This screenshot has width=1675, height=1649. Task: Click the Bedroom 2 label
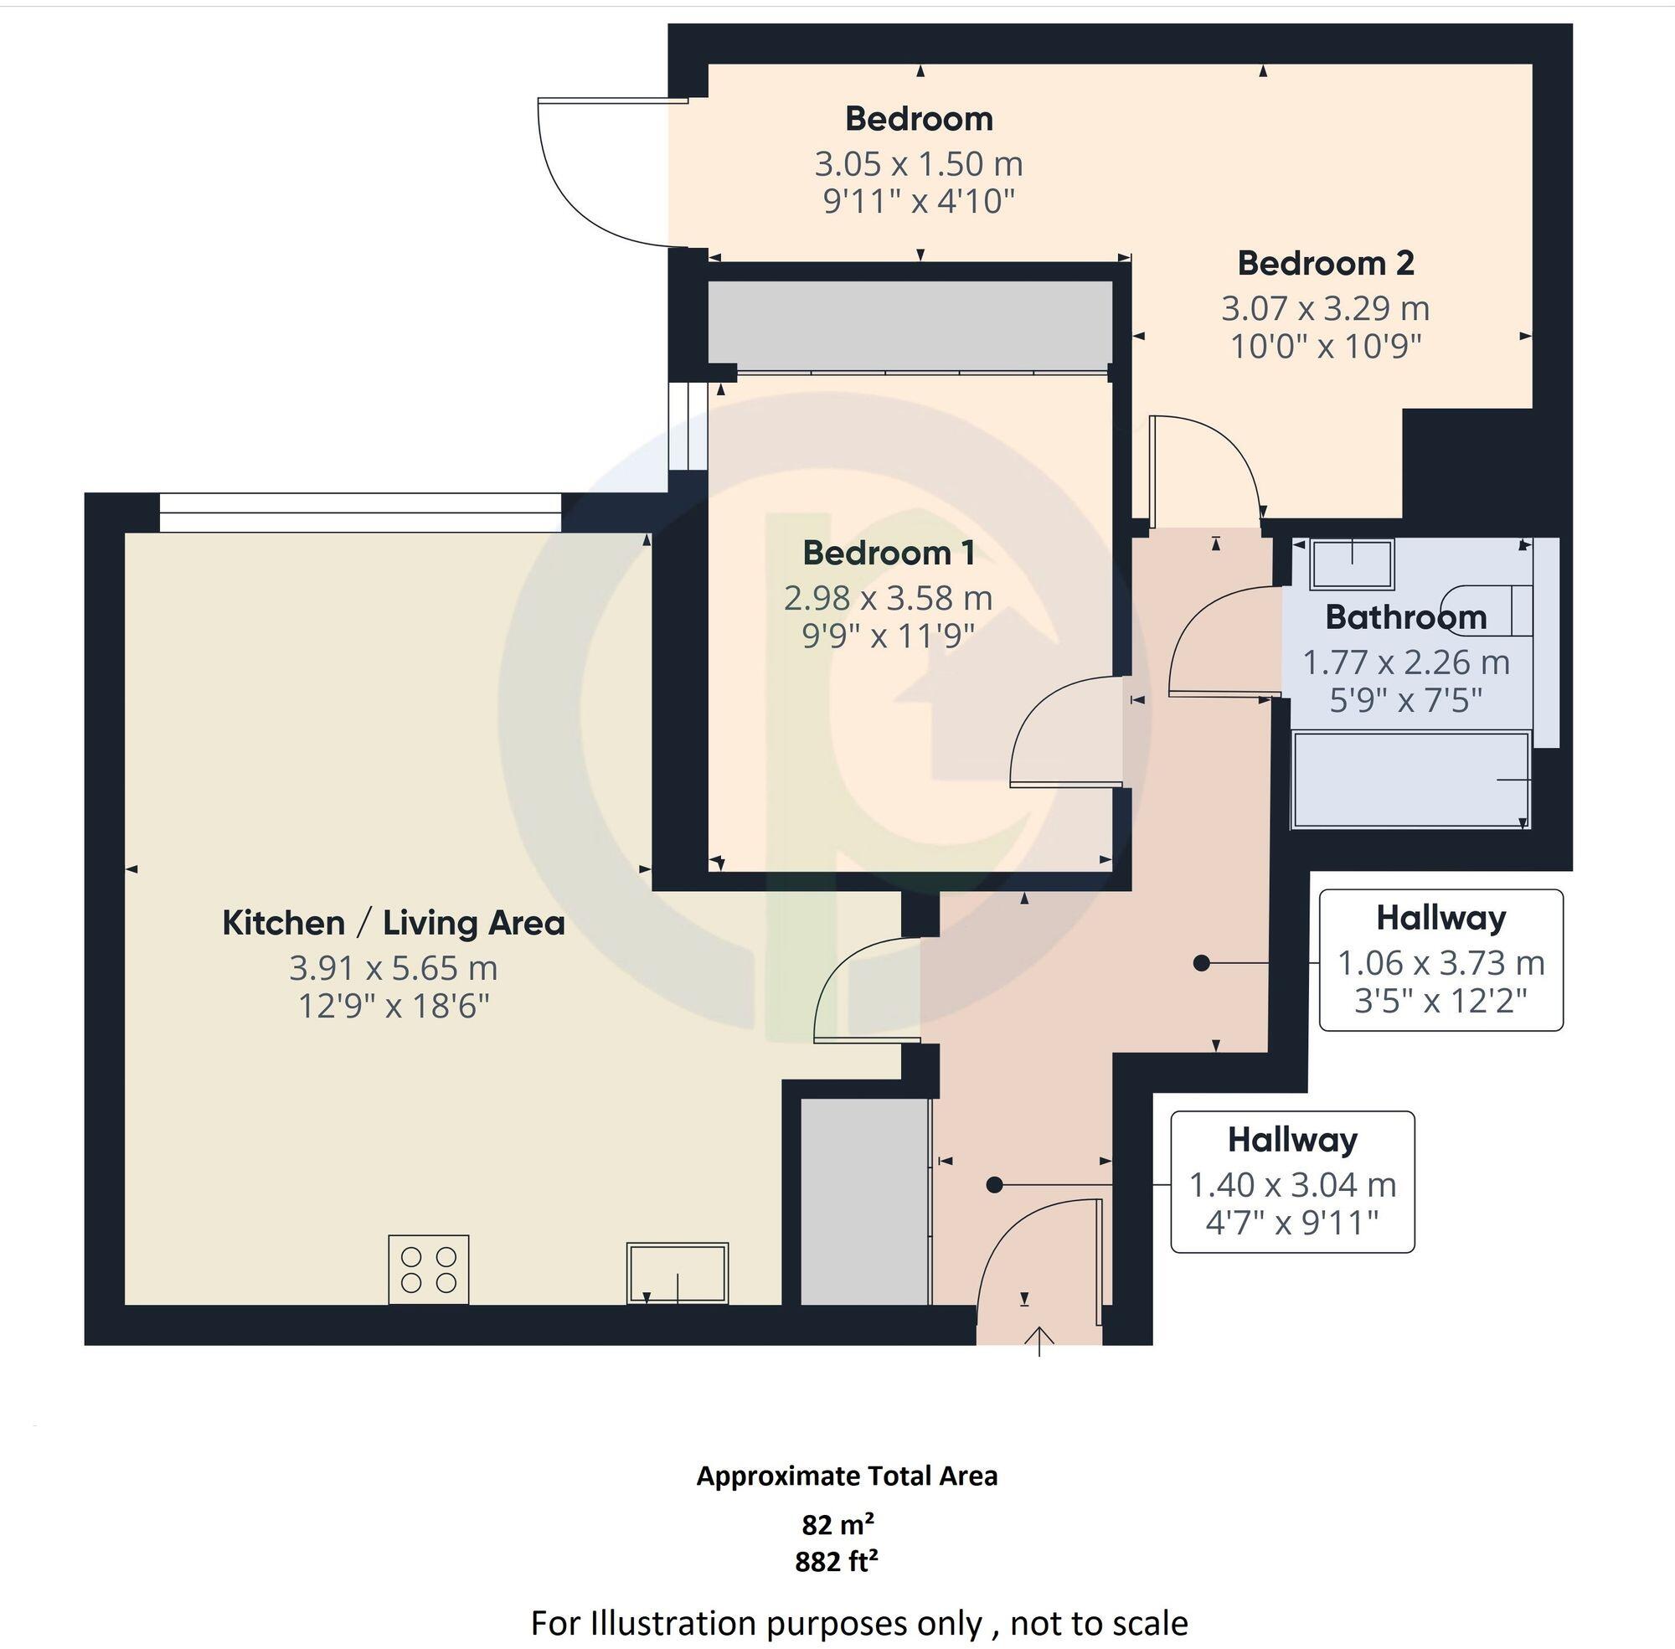tap(1325, 263)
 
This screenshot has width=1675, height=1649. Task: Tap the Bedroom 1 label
tap(889, 553)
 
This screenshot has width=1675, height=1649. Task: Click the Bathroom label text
tap(1405, 617)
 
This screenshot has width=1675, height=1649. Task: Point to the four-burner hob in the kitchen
tap(429, 1270)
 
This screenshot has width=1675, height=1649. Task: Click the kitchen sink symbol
tap(678, 1272)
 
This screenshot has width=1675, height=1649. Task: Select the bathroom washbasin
tap(1352, 564)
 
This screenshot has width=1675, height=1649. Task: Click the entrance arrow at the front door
tap(1038, 1341)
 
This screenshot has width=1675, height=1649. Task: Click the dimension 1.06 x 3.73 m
tap(1441, 962)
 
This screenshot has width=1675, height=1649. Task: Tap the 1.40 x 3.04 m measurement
tap(1292, 1184)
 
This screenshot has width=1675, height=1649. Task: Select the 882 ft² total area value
tap(837, 1561)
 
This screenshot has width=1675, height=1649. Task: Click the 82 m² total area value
tap(837, 1523)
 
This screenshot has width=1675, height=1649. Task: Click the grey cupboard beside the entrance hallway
tap(863, 1201)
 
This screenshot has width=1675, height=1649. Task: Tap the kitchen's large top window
tap(360, 512)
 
